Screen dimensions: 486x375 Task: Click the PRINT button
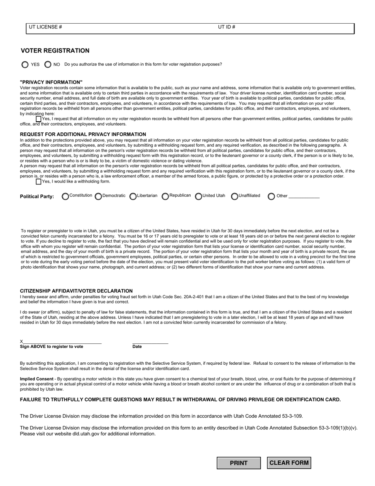click(x=238, y=463)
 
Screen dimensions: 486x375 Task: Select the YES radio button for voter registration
click(x=25, y=64)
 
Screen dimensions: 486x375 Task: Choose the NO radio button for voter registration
click(x=48, y=64)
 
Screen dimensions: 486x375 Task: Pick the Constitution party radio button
click(x=65, y=196)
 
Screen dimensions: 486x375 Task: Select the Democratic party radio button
click(x=98, y=196)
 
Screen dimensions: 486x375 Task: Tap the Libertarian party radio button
click(x=133, y=196)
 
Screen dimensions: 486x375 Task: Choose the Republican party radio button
click(x=165, y=196)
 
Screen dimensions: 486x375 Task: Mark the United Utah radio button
click(x=199, y=196)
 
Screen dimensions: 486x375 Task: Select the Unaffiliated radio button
click(x=234, y=196)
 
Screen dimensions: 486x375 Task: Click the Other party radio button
click(x=271, y=196)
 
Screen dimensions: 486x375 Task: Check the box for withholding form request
click(x=38, y=182)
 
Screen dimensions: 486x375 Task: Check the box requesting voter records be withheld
click(x=38, y=119)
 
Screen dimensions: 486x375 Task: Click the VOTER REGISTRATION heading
click(x=55, y=51)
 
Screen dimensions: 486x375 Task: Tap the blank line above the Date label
click(x=150, y=342)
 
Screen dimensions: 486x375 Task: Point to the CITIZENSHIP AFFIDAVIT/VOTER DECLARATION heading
click(x=76, y=291)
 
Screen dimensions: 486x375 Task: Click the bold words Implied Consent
click(x=37, y=379)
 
